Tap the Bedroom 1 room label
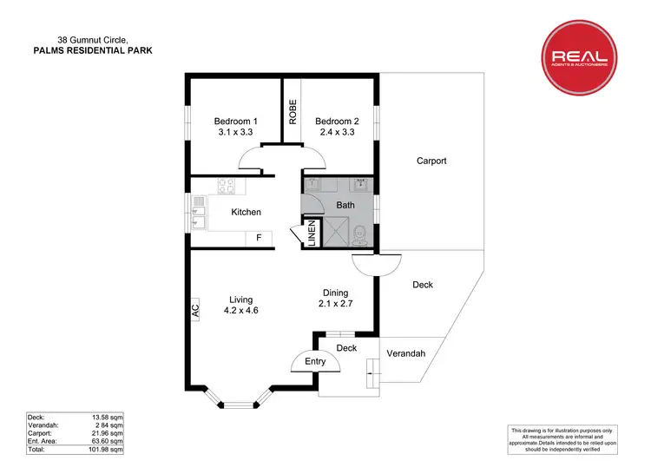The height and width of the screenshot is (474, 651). [236, 128]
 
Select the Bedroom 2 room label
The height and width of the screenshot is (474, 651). [337, 128]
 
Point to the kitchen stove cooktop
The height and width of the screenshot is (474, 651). [227, 185]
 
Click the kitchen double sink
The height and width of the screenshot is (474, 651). [199, 214]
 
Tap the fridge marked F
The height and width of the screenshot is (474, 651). [258, 237]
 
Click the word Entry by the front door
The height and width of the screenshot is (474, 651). [315, 361]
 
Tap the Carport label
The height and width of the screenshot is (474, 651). [431, 161]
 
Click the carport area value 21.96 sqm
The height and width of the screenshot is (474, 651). [107, 433]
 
